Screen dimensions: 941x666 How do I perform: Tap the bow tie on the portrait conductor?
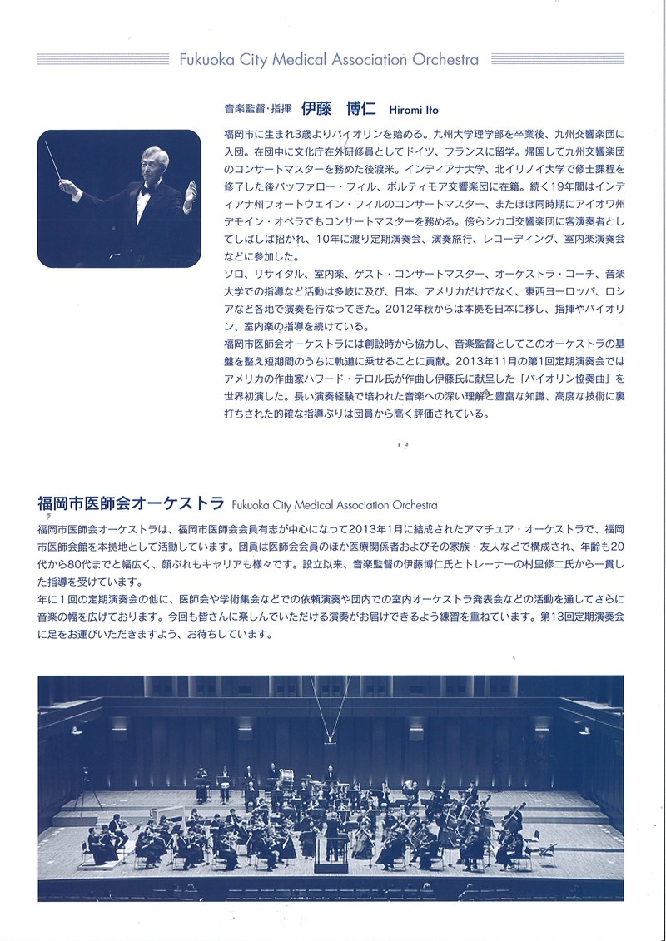tap(146, 190)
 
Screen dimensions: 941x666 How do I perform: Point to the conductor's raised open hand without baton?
tap(191, 192)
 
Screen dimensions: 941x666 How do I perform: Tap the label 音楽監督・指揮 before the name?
tap(257, 110)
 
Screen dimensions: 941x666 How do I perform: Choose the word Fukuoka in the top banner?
tap(203, 60)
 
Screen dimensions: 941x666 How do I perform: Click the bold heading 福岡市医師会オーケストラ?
tap(131, 503)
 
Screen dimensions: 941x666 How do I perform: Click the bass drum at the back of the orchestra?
tap(286, 779)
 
